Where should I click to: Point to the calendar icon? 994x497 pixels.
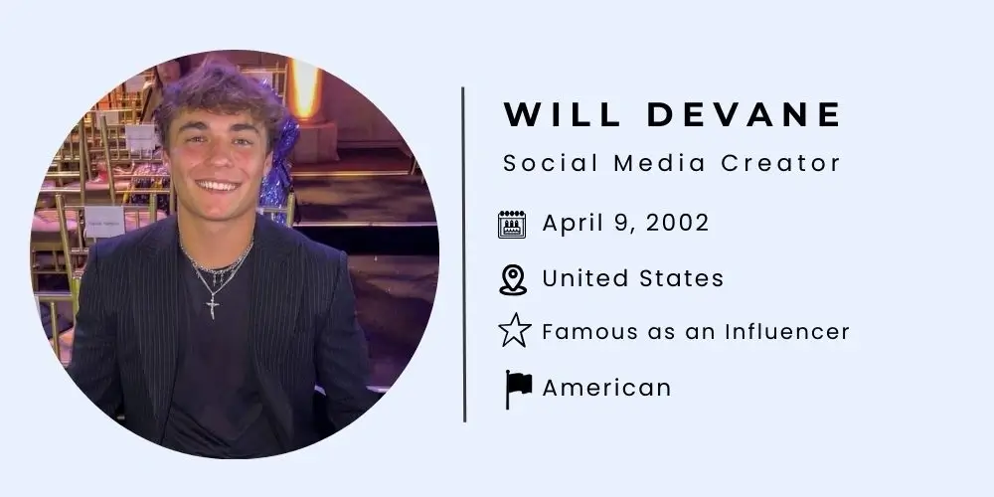[x=512, y=224]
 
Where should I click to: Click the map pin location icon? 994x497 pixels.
[x=512, y=279]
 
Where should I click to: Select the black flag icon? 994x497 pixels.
[x=518, y=388]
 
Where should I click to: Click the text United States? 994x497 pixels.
[x=632, y=278]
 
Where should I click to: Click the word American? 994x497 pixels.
[x=606, y=387]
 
